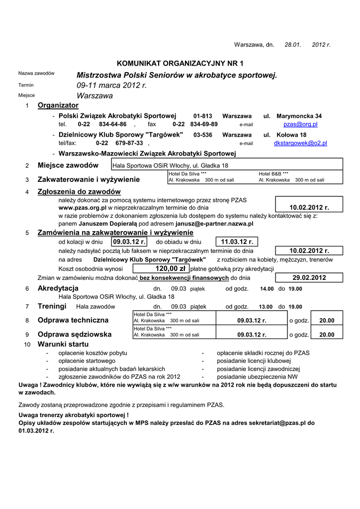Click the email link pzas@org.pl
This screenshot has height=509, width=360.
point(300,124)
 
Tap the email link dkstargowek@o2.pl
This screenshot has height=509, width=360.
point(300,143)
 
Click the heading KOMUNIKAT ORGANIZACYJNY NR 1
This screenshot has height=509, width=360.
point(180,63)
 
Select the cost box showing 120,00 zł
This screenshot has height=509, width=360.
point(162,268)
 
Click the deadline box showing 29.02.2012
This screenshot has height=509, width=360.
point(309,278)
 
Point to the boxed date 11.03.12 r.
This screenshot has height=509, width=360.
point(237,242)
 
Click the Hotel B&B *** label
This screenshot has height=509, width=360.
point(273,174)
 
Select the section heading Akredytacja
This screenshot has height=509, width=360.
point(58,288)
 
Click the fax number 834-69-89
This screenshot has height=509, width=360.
point(204,124)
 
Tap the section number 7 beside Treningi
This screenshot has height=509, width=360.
point(27,306)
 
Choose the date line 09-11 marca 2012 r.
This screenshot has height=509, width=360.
point(112,85)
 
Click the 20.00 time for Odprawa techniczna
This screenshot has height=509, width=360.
point(327,321)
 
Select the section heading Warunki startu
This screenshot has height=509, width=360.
point(63,344)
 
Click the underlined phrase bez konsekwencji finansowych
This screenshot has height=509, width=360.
point(184,278)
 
